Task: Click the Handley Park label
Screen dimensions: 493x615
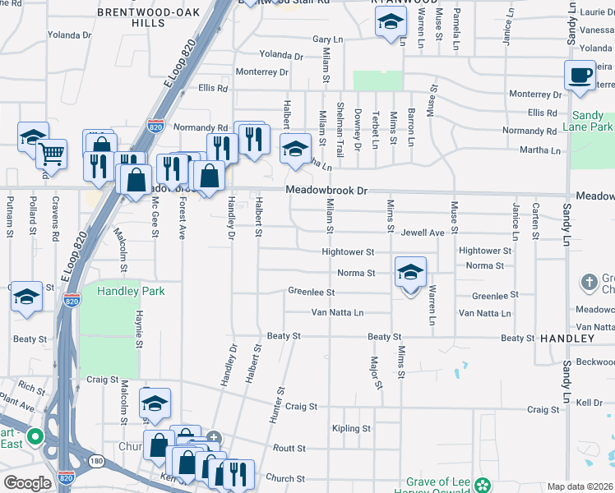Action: (131, 291)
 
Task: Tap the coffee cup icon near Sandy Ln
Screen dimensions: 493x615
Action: (580, 76)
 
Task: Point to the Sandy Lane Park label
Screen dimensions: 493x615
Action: (593, 122)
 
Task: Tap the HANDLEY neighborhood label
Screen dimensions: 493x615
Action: (567, 339)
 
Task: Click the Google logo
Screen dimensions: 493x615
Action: (27, 483)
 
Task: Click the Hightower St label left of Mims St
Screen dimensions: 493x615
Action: (348, 251)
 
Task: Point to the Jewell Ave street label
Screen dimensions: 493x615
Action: (423, 233)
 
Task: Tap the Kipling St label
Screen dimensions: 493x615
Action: (352, 429)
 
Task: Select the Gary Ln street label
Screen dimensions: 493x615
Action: (326, 39)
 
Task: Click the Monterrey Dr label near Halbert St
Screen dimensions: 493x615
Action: (261, 72)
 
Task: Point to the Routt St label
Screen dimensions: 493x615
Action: (289, 449)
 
